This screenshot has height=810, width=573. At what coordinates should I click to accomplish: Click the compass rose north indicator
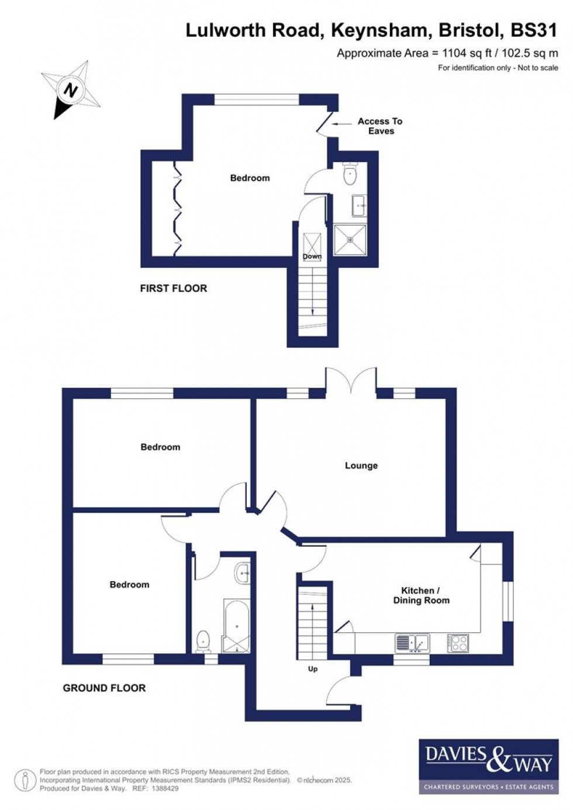point(71,91)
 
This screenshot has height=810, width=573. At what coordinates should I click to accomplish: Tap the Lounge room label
point(361,466)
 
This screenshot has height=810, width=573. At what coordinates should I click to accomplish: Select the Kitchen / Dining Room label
point(421,595)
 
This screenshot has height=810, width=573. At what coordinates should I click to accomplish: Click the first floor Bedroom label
point(250,178)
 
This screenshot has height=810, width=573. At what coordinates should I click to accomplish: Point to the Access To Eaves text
point(380,126)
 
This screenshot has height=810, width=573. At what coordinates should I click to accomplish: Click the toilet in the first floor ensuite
point(350,173)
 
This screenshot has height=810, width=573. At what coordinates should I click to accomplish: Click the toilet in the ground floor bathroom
point(203,641)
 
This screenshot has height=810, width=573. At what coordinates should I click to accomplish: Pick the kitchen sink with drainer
point(412,643)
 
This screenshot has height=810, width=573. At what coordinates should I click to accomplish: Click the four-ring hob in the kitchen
point(458,643)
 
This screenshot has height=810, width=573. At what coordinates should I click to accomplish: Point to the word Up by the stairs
point(313,668)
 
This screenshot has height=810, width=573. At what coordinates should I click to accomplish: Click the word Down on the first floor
point(312,257)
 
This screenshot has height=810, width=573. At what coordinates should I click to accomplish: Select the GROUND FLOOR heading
point(104,688)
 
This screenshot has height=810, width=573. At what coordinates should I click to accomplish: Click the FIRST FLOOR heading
point(173,288)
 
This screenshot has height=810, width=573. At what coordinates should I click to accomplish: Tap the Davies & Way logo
point(488,766)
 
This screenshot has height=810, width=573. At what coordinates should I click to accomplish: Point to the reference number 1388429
point(164,788)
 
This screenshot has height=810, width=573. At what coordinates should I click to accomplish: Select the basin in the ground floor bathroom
point(242,573)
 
